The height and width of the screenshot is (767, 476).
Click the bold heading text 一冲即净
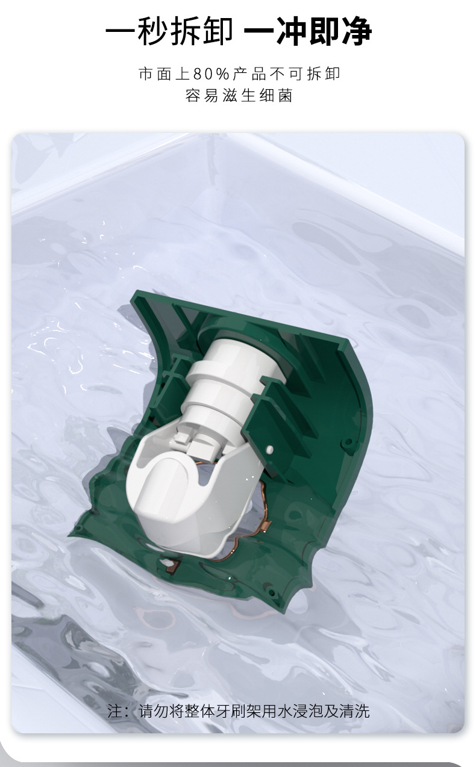click(307, 31)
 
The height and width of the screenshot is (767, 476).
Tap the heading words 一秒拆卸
click(169, 31)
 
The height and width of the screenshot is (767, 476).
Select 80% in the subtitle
click(211, 73)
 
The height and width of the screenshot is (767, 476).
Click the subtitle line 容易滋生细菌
click(239, 96)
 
